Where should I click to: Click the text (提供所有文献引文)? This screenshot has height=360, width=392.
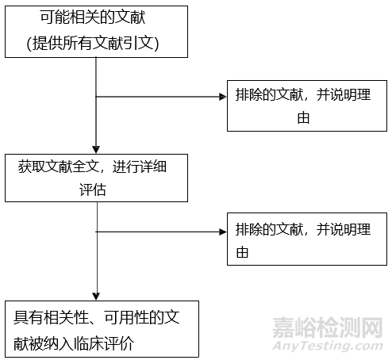click(x=95, y=44)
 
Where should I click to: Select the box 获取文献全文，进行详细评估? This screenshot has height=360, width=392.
click(x=96, y=178)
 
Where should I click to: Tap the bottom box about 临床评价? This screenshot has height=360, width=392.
click(x=98, y=328)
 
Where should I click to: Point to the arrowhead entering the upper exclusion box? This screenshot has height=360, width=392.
click(x=222, y=97)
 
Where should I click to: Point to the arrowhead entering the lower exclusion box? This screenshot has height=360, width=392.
click(x=222, y=232)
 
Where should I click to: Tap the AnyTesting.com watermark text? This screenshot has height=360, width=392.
click(x=327, y=347)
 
